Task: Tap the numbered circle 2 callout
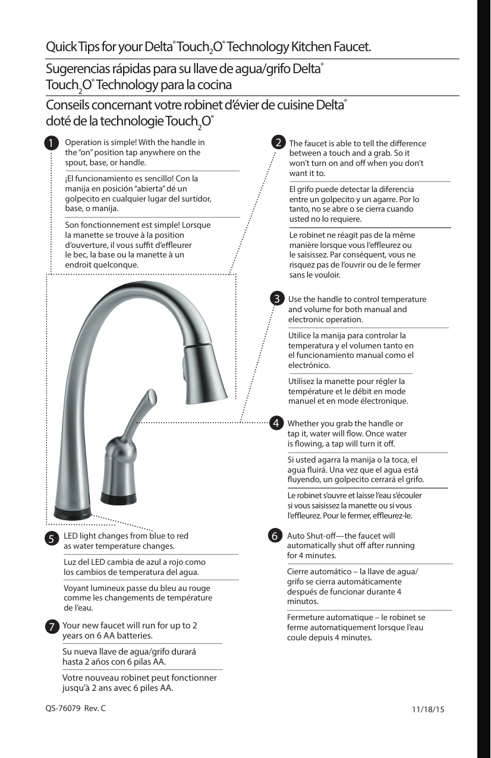tap(277, 143)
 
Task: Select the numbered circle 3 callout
tap(277, 298)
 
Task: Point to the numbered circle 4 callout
tap(276, 423)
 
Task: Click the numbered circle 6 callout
tap(275, 535)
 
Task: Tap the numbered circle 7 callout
tap(52, 627)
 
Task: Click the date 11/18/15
tap(428, 709)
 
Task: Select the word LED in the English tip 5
tap(71, 536)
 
